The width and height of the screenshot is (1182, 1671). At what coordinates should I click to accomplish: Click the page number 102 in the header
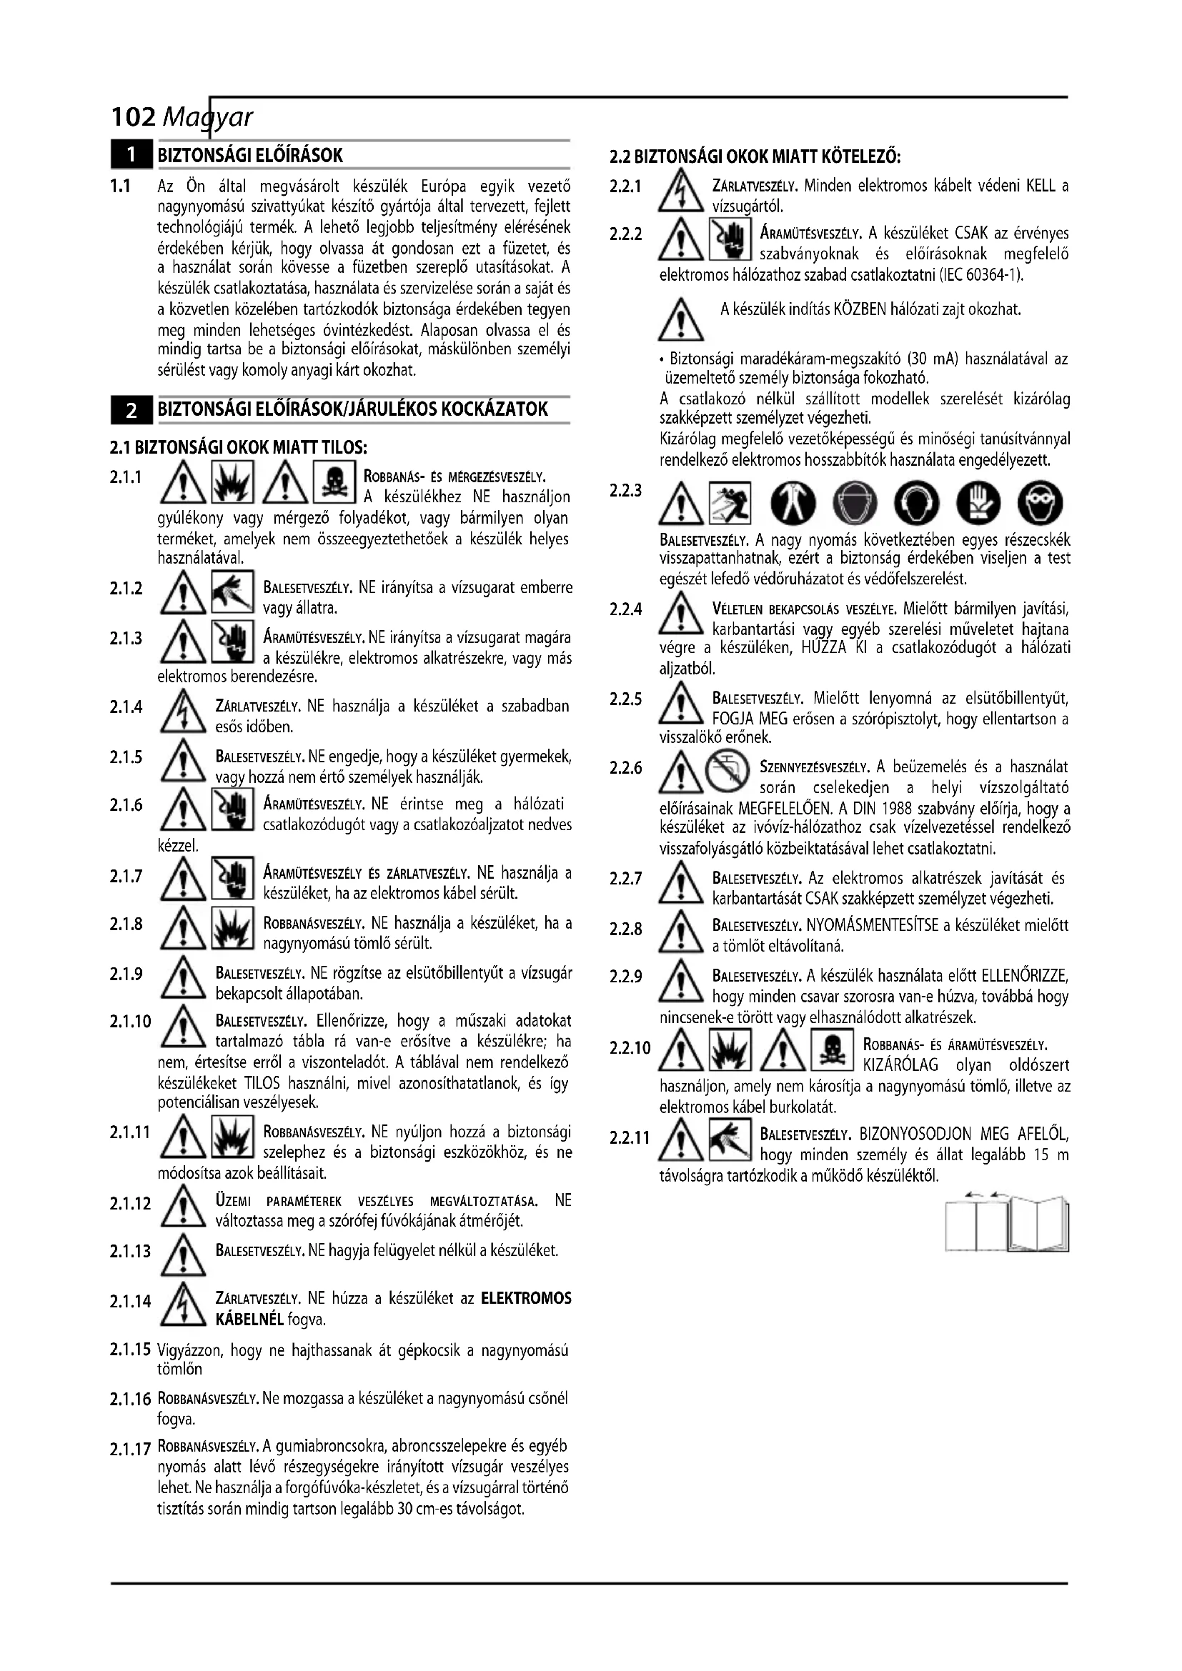tap(132, 116)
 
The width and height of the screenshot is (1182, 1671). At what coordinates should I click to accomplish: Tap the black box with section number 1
tap(131, 155)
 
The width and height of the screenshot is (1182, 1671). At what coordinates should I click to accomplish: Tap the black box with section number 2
tap(131, 410)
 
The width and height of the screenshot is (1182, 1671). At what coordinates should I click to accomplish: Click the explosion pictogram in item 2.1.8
tap(232, 929)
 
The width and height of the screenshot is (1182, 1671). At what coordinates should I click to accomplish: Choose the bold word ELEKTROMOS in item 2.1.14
tap(526, 1298)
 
